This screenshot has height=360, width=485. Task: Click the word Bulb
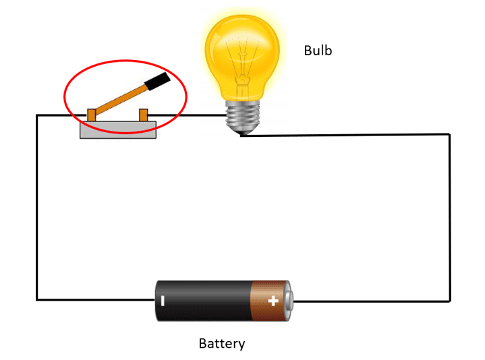pos(318,51)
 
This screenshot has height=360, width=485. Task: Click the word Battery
pos(222,344)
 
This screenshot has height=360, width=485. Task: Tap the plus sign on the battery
pos(273,301)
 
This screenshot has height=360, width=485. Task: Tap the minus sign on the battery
pos(163,301)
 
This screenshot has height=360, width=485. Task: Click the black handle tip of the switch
pos(157,82)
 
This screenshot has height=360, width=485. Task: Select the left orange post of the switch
pos(92,115)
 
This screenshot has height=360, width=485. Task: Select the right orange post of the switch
pos(144,115)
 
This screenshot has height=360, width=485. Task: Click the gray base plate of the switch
pos(118,130)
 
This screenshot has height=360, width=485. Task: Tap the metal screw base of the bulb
pos(243,115)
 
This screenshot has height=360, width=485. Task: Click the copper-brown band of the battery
pos(268,301)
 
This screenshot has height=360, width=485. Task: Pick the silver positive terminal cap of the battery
pos(289,301)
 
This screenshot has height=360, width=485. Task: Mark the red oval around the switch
pos(125,60)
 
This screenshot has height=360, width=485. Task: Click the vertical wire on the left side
pos(37,208)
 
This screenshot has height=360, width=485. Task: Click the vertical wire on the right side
pos(450,218)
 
